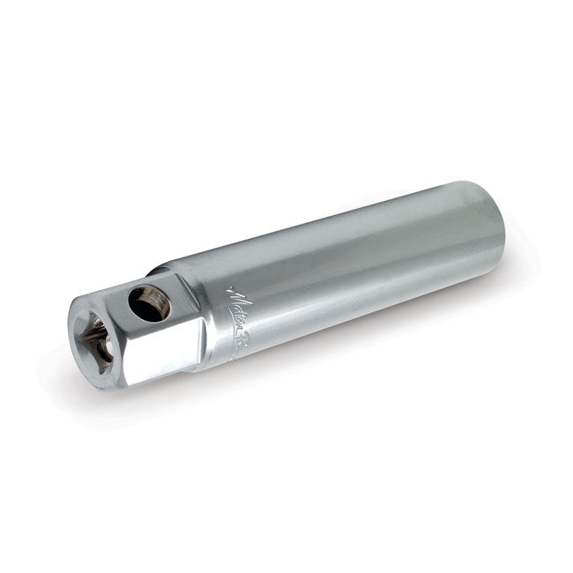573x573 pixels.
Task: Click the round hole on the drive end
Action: (149, 303)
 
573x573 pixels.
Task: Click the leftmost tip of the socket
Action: (68, 331)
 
